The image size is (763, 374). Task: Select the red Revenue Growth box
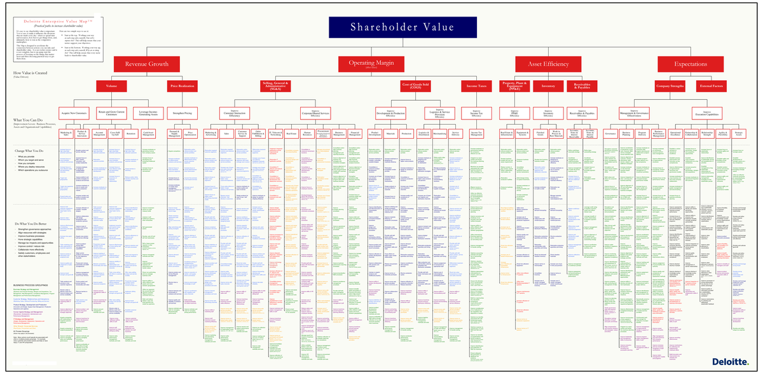(146, 64)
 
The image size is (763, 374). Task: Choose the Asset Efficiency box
(548, 64)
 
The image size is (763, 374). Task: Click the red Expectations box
(690, 64)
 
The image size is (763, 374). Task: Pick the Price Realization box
(182, 85)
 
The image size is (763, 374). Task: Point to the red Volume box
(112, 85)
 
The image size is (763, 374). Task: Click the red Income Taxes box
(476, 85)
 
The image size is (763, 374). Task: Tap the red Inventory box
(548, 85)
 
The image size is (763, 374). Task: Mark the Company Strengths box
(669, 85)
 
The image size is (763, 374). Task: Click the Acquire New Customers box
(74, 113)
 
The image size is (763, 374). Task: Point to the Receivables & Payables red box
(581, 85)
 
